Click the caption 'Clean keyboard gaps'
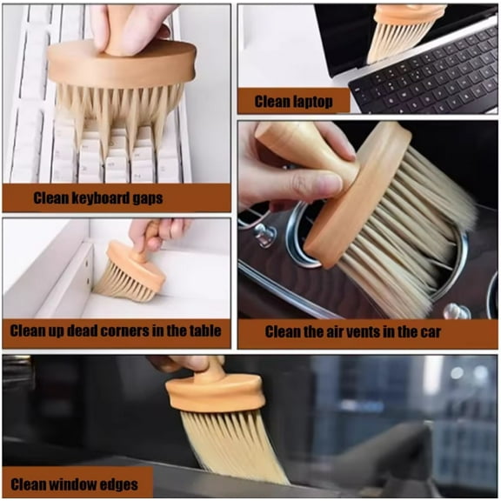(x=98, y=198)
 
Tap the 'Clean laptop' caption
(x=293, y=102)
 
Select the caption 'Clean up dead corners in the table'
(x=116, y=331)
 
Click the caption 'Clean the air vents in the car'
(x=353, y=331)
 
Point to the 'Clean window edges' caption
(x=77, y=483)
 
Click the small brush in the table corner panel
(x=130, y=270)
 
